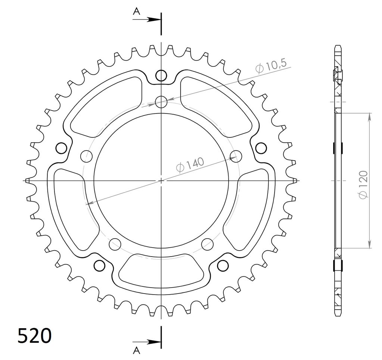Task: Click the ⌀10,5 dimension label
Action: [x=270, y=65]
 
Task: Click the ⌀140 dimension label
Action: [x=190, y=165]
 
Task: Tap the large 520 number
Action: [x=35, y=336]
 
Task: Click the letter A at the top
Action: [x=137, y=11]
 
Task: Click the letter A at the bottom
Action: [x=137, y=351]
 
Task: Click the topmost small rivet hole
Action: [x=161, y=75]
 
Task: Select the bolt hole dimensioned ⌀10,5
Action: [x=161, y=102]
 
